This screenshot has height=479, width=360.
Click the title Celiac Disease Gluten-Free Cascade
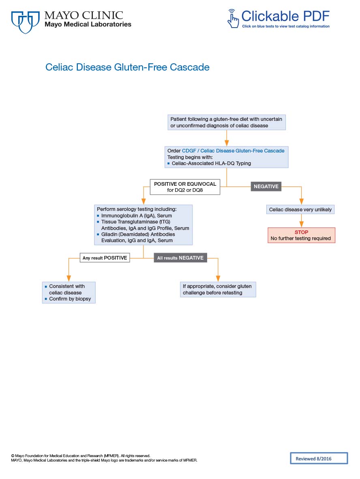[x=127, y=67]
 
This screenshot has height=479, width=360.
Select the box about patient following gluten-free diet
[x=227, y=122]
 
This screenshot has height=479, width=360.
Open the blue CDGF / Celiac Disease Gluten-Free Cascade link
[x=233, y=150]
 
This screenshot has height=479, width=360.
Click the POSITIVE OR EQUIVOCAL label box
[x=185, y=187]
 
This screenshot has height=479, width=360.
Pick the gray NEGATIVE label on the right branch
[x=266, y=187]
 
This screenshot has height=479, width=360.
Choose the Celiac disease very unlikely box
[x=300, y=210]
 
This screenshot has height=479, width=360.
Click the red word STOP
[x=301, y=232]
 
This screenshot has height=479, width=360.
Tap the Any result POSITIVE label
[x=105, y=258]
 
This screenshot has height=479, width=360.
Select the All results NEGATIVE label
[x=180, y=258]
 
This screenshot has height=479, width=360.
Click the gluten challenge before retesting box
[x=218, y=289]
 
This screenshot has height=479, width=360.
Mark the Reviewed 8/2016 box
[x=319, y=458]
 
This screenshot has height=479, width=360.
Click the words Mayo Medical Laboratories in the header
[x=88, y=24]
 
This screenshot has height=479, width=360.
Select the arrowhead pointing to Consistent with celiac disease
[x=69, y=279]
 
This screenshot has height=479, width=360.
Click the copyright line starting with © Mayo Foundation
[x=81, y=455]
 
